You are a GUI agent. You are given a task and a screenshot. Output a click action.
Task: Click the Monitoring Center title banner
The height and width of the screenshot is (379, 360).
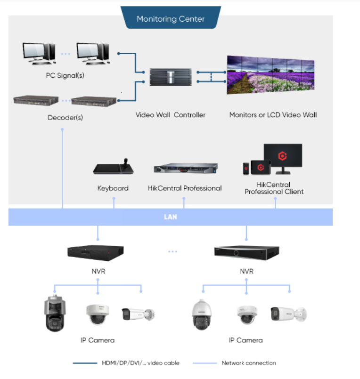click(x=170, y=19)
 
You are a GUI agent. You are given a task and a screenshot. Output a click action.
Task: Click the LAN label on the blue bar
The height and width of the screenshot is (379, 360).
click(x=170, y=217)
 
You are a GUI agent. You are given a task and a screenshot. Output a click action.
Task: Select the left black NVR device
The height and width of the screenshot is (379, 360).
click(x=96, y=251)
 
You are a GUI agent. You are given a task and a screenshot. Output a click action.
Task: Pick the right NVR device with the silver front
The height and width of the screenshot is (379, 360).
click(x=246, y=251)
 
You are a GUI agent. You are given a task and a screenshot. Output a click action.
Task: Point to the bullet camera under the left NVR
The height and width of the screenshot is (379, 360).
click(x=138, y=314)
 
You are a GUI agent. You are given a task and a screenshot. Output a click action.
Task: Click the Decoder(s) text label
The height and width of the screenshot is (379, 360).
click(x=65, y=118)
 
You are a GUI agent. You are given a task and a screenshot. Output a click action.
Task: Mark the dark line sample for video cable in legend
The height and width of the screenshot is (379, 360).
click(x=85, y=363)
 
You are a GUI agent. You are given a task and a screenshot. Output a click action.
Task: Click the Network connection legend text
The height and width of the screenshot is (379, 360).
click(x=249, y=363)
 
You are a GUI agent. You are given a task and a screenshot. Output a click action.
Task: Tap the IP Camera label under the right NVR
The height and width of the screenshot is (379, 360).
click(x=245, y=340)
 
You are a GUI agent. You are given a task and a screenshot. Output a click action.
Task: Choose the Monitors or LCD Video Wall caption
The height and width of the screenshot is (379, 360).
click(x=273, y=115)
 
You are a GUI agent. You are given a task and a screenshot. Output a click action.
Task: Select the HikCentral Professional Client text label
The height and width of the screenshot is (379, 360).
click(x=274, y=188)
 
